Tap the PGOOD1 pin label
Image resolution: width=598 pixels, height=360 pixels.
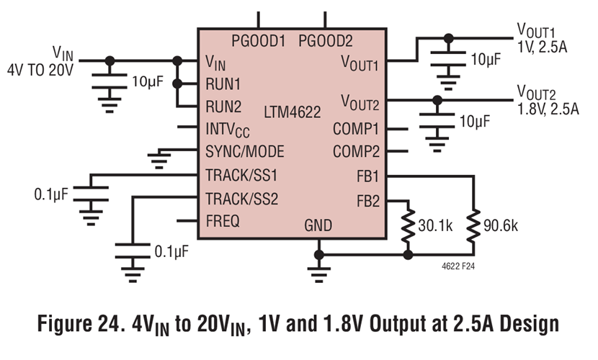[259, 41]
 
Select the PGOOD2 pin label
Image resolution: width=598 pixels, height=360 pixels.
[326, 41]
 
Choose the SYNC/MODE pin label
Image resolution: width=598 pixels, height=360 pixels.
[245, 152]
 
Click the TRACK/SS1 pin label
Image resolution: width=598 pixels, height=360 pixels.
[241, 175]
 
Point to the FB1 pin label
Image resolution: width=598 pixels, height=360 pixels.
[367, 176]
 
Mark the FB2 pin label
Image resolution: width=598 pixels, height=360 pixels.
[367, 199]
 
